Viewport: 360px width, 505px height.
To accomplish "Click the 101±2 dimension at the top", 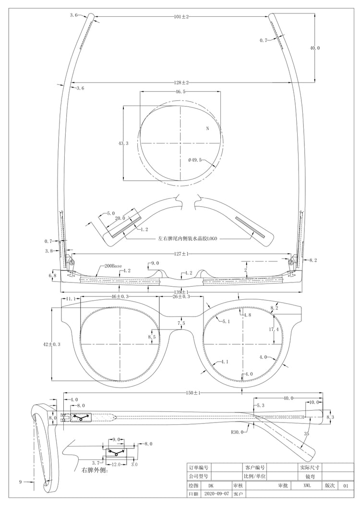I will coord(181,17).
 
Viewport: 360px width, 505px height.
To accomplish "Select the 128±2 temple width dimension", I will coord(181,82).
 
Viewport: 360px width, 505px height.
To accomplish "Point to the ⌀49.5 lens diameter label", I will coord(197,159).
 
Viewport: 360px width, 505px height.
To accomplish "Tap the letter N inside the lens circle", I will coord(207,129).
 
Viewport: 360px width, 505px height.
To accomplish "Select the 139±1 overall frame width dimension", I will coord(181,292).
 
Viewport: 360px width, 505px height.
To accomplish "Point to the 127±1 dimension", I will coord(181,254).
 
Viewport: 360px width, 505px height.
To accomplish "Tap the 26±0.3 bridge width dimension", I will coord(181,297).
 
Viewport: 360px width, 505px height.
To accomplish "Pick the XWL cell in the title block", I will coord(309,485).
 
